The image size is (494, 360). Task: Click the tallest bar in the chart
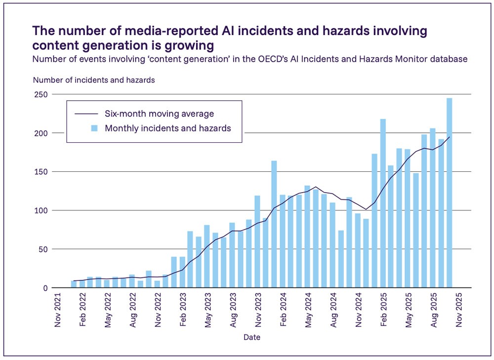tap(450, 193)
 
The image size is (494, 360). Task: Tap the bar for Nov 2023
tap(257, 241)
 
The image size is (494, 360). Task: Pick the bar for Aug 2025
tap(433, 208)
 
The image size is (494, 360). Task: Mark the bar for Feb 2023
tap(182, 272)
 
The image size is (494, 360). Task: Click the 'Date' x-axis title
tap(252, 337)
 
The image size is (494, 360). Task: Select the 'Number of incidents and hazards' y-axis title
tap(94, 80)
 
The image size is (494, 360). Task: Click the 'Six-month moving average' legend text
tap(159, 114)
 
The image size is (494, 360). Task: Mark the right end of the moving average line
tap(449, 137)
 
